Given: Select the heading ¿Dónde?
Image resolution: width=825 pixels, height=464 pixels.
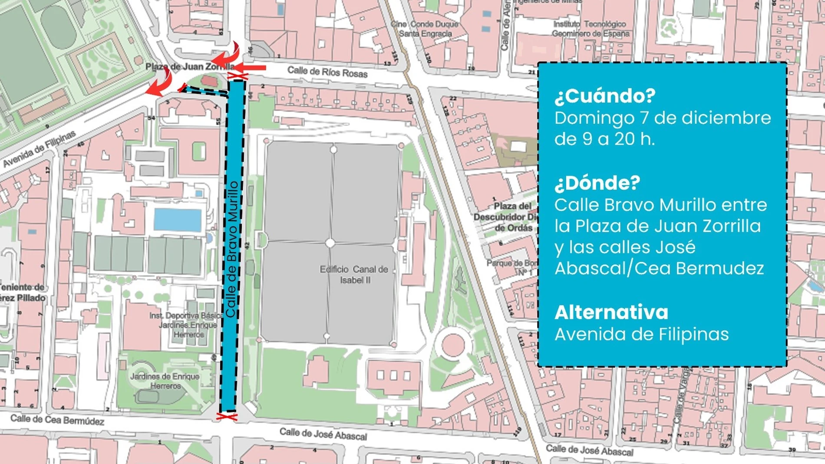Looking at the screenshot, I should [x=597, y=183].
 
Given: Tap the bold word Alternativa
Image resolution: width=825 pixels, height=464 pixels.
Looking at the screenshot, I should [x=611, y=313].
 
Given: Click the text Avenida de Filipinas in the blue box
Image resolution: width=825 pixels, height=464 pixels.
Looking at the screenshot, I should [x=641, y=334].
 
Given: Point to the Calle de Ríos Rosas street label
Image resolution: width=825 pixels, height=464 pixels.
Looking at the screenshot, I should [x=327, y=72].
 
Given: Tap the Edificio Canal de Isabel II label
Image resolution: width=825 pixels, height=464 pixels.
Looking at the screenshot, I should [x=354, y=274].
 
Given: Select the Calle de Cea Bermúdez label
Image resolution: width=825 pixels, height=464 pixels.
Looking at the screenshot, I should [x=57, y=420].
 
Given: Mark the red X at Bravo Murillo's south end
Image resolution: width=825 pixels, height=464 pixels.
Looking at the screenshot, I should [x=227, y=417].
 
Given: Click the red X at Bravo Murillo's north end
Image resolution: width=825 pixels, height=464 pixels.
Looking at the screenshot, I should [x=238, y=77].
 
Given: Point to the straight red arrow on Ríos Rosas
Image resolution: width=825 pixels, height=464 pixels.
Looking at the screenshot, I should [x=251, y=68].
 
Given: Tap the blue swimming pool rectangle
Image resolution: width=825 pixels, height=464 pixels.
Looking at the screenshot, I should [x=178, y=220].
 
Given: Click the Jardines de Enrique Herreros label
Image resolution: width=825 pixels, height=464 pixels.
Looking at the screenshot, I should [x=165, y=381].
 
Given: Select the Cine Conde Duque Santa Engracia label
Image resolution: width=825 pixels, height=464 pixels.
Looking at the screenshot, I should [x=425, y=29].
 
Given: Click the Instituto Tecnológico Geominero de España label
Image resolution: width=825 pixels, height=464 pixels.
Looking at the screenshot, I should [x=590, y=29].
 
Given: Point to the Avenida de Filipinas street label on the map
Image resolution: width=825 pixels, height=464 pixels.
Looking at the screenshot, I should [x=40, y=148].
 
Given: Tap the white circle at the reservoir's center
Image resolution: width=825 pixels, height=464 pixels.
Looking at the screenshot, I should [x=330, y=243].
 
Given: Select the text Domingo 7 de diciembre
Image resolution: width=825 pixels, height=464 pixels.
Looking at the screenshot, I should [x=663, y=118].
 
